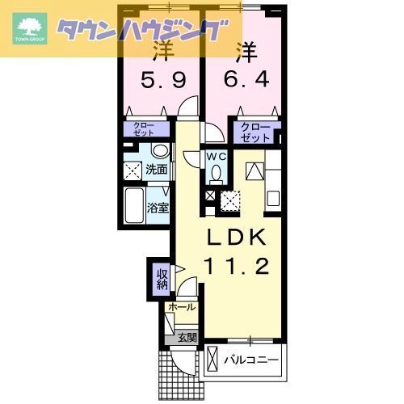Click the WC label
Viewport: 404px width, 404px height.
tap(216, 156)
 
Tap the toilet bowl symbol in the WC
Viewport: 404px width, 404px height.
tap(216, 172)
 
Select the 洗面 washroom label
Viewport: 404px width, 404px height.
tap(157, 170)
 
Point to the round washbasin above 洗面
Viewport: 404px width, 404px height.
tap(160, 151)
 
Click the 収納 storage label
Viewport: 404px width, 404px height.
tap(162, 279)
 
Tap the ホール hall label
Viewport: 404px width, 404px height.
tap(181, 308)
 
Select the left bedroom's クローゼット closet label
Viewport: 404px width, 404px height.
tap(146, 129)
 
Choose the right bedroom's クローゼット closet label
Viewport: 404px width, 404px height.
tap(257, 133)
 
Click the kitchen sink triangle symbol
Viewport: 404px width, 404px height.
tap(254, 170)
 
